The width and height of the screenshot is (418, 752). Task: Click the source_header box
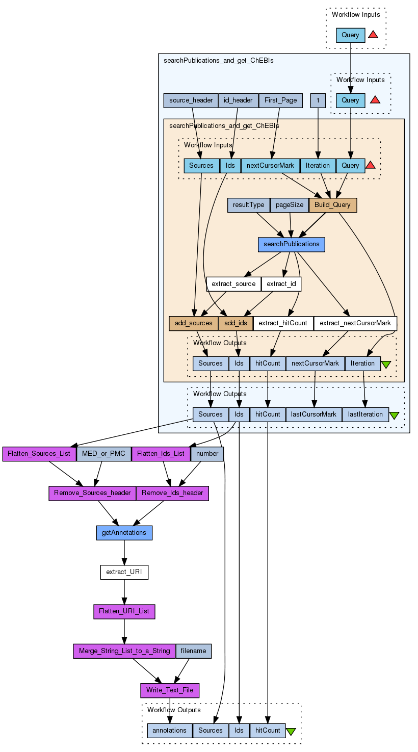point(191,100)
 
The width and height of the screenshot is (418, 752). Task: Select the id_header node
point(238,100)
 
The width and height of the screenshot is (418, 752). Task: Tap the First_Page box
point(281,100)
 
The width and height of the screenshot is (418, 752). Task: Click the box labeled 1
point(318,100)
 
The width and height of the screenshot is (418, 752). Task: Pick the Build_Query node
point(332,205)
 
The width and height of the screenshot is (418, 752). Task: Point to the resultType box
point(248,205)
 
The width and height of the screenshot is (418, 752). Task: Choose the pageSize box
point(289,205)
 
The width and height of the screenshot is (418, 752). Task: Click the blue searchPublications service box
point(291,244)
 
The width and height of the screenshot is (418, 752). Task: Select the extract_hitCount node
point(283,323)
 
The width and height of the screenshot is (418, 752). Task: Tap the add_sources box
point(193,323)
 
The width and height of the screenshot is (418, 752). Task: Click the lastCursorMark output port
point(313,414)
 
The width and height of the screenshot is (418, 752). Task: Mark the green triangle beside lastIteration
point(394,416)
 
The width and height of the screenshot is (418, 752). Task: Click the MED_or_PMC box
point(103,454)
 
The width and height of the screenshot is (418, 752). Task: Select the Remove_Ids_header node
point(172,493)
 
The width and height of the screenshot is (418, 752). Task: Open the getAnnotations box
point(124,533)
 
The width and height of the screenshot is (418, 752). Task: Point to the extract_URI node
point(124,572)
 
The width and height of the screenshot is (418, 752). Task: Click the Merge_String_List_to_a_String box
point(124,651)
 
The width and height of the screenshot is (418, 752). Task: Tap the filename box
point(193,651)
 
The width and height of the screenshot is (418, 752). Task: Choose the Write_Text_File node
point(170,690)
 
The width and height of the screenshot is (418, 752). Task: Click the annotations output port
point(169,731)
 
